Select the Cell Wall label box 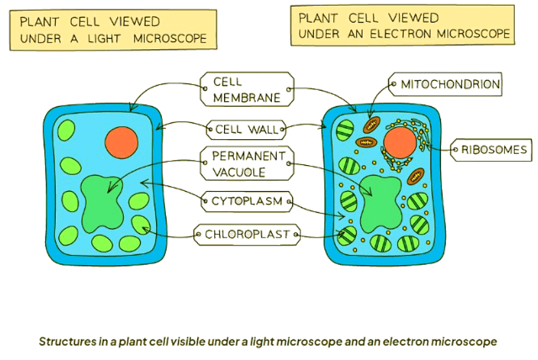coord(247,129)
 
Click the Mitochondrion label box coord(446,84)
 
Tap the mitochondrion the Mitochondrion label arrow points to coord(372,124)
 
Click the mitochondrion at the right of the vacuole coord(416,175)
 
